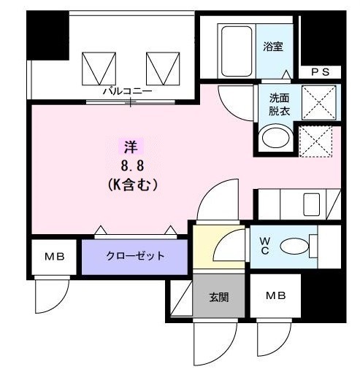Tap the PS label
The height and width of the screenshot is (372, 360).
(x=321, y=71)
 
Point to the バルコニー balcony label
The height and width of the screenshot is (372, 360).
(x=126, y=92)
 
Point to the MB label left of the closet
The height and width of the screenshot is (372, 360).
(x=53, y=257)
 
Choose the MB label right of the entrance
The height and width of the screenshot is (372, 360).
(x=275, y=296)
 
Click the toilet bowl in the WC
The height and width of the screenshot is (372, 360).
(x=296, y=245)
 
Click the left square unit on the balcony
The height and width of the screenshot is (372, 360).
(x=96, y=69)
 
